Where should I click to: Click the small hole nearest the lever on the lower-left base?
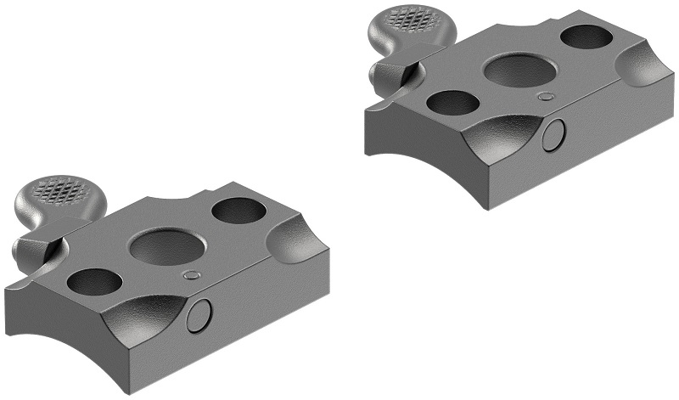tap(93, 281)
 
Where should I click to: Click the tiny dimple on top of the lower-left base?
tap(193, 275)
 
